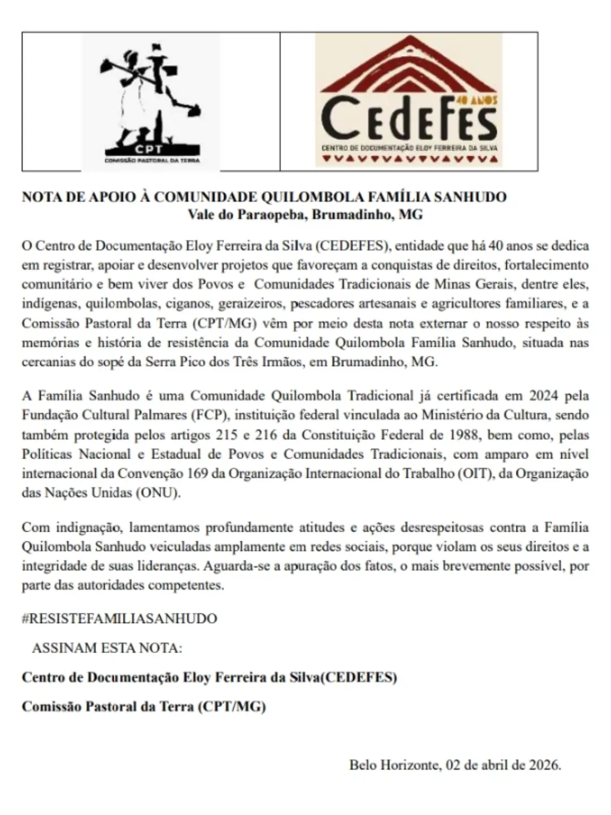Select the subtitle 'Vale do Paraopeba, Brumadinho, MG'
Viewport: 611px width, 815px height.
[x=305, y=215]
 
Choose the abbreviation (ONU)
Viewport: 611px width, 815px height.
[x=158, y=493]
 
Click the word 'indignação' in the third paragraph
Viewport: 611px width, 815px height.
[x=88, y=528]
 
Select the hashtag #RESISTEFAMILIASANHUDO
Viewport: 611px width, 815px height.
[x=119, y=618]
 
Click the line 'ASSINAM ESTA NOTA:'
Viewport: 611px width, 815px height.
[x=107, y=648]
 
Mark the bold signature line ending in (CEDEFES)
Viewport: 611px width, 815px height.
[x=209, y=677]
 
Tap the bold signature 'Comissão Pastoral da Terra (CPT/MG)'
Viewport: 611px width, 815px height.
[x=144, y=707]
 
